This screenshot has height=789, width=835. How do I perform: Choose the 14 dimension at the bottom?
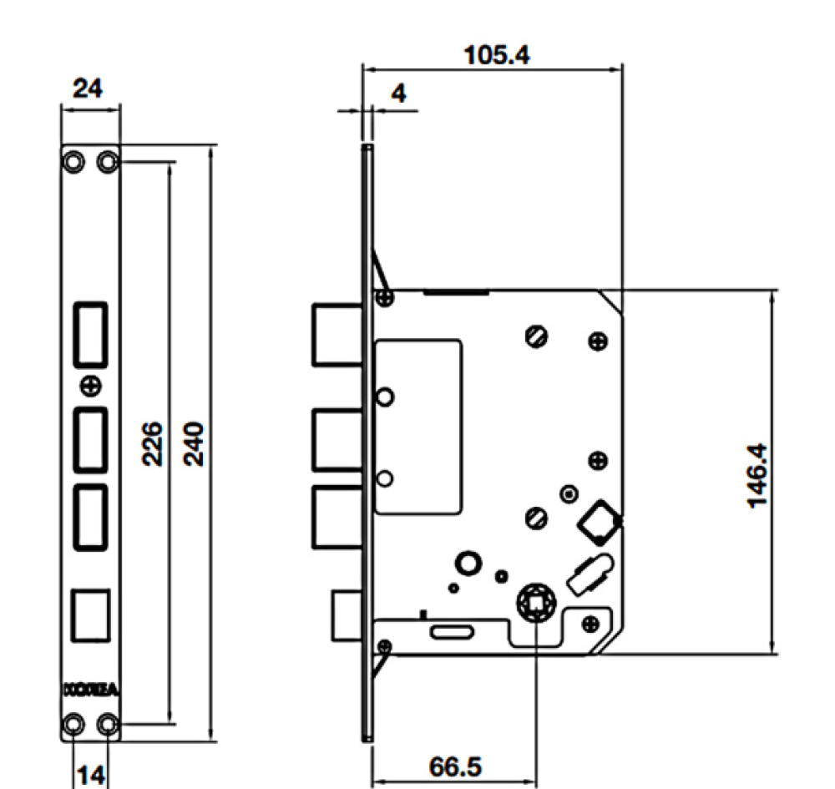pyautogui.click(x=90, y=775)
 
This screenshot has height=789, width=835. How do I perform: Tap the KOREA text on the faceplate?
pyautogui.click(x=91, y=690)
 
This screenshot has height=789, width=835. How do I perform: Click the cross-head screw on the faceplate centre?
pyautogui.click(x=91, y=386)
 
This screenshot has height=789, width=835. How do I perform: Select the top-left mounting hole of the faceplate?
pyautogui.click(x=73, y=160)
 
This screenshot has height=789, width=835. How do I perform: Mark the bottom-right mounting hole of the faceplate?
pyautogui.click(x=108, y=723)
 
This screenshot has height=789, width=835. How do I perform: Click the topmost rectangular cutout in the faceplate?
pyautogui.click(x=90, y=333)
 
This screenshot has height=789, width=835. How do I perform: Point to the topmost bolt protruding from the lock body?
pyautogui.click(x=337, y=334)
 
